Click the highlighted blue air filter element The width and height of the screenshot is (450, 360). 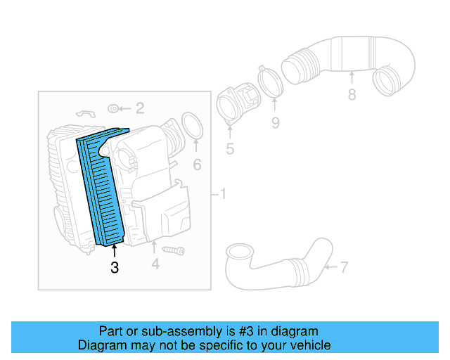pos(103,187)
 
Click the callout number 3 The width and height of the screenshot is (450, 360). pos(114,267)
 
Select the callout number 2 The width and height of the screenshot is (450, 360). pos(140,108)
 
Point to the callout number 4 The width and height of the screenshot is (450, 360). pos(155,264)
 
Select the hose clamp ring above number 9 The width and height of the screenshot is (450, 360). pos(269,82)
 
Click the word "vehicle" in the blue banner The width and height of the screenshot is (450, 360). pos(308,345)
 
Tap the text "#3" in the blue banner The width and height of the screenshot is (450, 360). pos(226,331)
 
